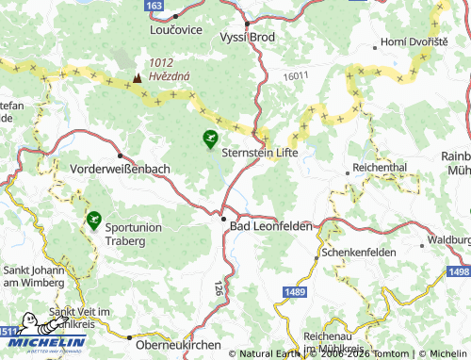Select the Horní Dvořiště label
tap(415, 42)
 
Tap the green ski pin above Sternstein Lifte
tap(208, 139)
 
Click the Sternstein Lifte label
tap(259, 152)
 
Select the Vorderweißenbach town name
tap(120, 168)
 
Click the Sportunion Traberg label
tap(139, 234)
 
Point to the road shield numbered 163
tap(154, 6)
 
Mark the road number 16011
tap(296, 75)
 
